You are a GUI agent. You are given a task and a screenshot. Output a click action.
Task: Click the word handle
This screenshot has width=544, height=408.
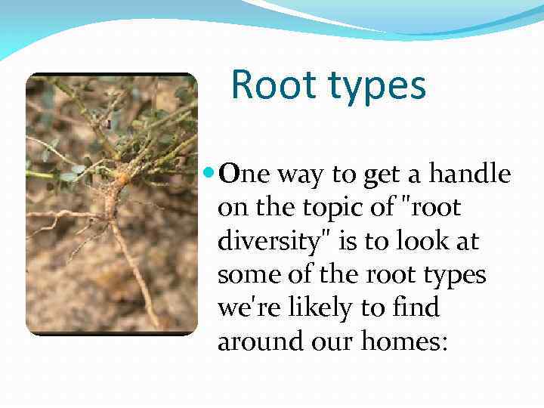tap(471, 175)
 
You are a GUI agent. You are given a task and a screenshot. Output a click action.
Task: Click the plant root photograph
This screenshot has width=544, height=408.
tap(111, 204)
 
